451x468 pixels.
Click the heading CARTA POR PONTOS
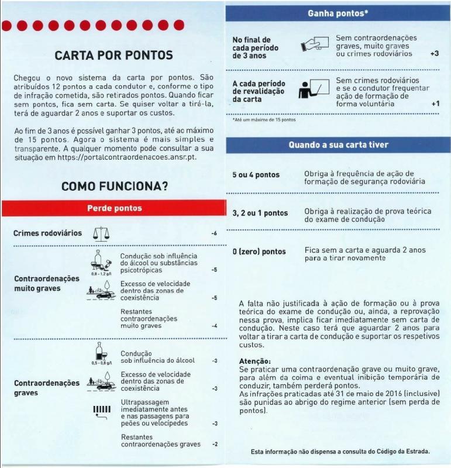point(113,56)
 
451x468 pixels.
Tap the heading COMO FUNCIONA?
point(115,187)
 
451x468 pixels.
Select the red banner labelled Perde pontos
point(114,208)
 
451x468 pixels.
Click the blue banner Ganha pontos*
point(338,13)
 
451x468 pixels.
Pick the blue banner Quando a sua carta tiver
point(338,144)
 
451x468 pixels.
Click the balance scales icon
point(101,233)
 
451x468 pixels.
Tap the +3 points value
point(434,54)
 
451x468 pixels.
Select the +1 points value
point(435,104)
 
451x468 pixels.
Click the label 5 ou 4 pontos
point(256,175)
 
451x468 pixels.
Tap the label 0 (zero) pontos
point(259,252)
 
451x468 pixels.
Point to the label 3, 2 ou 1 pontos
point(260,213)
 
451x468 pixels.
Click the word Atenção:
point(255,361)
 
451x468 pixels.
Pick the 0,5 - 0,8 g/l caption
point(101,363)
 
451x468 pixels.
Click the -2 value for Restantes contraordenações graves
point(215,444)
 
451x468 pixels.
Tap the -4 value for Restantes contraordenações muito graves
point(215,326)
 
